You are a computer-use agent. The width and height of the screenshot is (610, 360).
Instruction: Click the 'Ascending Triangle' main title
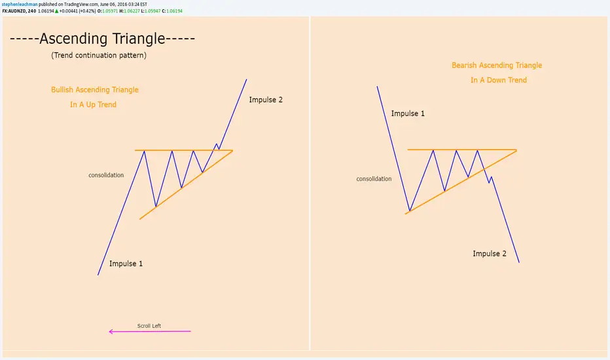coord(102,39)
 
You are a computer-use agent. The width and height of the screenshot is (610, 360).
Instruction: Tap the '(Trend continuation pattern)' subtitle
coord(99,55)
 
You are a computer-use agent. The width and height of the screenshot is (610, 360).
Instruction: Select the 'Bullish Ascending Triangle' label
coord(94,90)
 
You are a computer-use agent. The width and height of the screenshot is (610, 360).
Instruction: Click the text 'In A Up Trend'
coord(93,104)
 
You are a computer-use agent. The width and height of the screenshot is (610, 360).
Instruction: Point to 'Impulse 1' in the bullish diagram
coord(126,264)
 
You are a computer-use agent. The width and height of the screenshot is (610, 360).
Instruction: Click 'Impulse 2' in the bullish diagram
coord(266,99)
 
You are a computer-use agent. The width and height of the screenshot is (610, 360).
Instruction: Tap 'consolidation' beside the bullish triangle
coord(106,175)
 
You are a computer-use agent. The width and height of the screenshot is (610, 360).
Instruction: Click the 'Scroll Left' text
coord(149,326)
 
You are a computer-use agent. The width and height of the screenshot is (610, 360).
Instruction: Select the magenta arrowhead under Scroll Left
coord(111,332)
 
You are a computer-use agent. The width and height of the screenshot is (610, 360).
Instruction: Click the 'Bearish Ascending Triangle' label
coord(497,65)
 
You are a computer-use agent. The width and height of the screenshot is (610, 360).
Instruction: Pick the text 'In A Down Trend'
coord(499,80)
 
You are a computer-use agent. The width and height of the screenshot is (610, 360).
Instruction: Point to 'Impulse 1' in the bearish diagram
coord(408,113)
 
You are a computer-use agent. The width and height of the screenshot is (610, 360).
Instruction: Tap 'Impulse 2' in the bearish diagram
coord(490,253)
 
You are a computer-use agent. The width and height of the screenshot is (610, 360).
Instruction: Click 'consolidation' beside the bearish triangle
coord(374,179)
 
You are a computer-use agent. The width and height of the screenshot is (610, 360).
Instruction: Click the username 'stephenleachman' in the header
coord(20,5)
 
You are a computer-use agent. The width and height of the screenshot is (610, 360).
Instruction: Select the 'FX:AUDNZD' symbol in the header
coord(14,11)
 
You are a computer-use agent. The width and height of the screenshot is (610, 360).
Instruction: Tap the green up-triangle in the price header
coord(56,11)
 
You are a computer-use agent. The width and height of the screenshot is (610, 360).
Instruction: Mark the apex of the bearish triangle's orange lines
coord(516,149)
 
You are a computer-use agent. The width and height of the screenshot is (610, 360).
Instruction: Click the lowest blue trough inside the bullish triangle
coord(156,206)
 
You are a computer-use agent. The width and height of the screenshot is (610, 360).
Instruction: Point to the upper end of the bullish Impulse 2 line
coord(246,79)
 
